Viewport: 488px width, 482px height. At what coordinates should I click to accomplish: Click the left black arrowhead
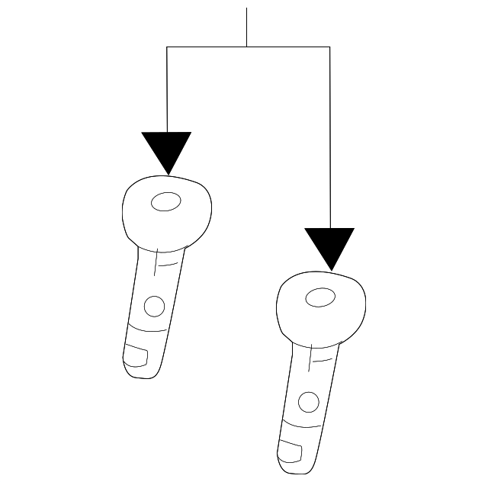(x=166, y=149)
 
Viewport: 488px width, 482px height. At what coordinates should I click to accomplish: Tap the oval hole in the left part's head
(x=165, y=202)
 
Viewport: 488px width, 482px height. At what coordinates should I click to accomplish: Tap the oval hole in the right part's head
(x=319, y=297)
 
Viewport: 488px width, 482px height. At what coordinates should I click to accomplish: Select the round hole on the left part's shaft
(x=154, y=307)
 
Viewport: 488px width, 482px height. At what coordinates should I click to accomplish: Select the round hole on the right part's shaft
(x=308, y=401)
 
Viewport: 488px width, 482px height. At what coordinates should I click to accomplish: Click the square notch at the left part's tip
(x=136, y=355)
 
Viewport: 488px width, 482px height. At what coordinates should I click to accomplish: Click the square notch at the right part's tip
(x=291, y=450)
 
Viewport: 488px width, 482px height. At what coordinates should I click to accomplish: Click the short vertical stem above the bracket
(x=246, y=27)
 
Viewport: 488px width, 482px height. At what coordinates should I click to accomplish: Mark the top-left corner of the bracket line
(x=167, y=47)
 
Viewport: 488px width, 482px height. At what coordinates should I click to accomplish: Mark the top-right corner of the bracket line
(x=329, y=47)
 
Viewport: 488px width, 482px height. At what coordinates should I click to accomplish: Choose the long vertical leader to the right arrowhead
(x=329, y=137)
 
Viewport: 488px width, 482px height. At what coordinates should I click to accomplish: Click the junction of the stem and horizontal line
(x=246, y=47)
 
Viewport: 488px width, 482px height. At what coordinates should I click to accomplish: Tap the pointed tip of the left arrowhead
(x=167, y=173)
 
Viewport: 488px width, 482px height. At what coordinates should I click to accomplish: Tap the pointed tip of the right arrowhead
(x=329, y=269)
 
